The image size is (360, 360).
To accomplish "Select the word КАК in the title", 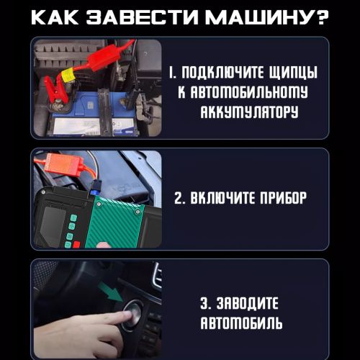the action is click(x=55, y=17).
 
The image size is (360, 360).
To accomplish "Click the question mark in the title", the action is click(x=321, y=17).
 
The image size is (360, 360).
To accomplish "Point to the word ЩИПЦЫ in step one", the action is click(x=293, y=73).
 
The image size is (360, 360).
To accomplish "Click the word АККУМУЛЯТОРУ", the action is click(x=249, y=112).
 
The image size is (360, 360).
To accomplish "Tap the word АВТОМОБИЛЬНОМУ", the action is click(x=243, y=92).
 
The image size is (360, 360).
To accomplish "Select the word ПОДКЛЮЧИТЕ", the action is click(x=222, y=72).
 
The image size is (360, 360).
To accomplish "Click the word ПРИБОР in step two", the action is click(x=284, y=198).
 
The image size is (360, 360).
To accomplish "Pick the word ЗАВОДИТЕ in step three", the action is click(x=247, y=303).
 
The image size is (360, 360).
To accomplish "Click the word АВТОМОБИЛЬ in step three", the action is click(x=241, y=323).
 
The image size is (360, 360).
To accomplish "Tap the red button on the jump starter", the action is click(x=76, y=245).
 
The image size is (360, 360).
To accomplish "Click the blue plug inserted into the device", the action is click(x=96, y=189).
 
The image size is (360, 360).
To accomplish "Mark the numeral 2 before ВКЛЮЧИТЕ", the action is click(x=178, y=199).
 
